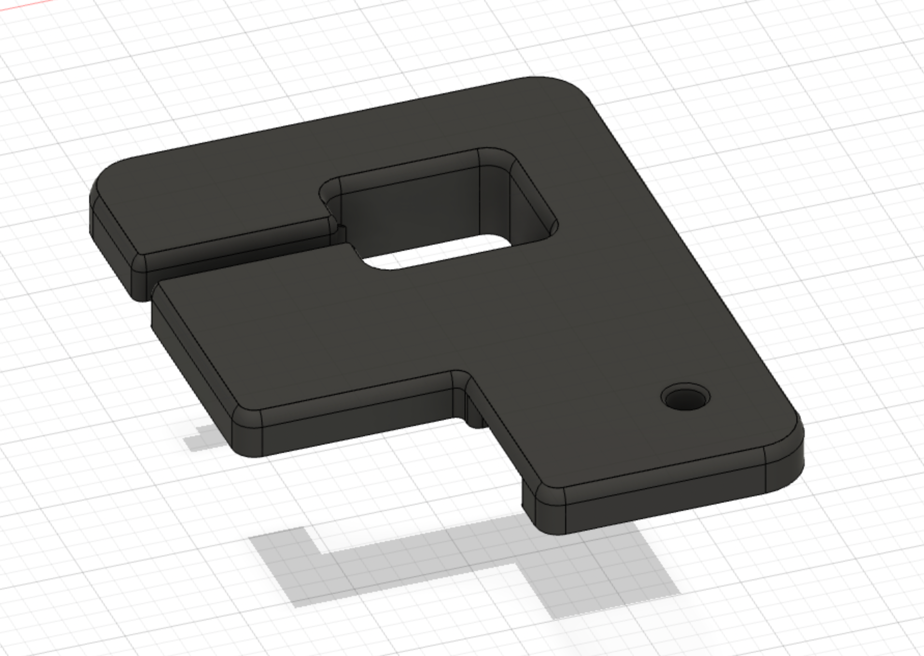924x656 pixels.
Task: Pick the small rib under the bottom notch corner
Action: click(x=474, y=415)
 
